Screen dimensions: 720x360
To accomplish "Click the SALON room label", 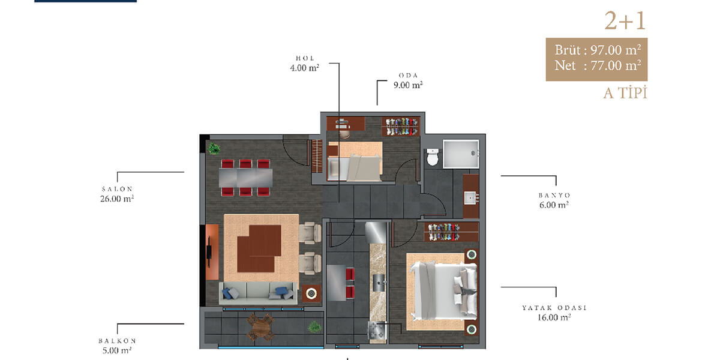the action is [x=117, y=189].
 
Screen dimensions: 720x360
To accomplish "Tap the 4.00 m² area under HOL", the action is [x=304, y=68].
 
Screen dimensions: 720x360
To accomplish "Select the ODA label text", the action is [x=408, y=76].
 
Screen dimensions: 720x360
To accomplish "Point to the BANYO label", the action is [x=554, y=195].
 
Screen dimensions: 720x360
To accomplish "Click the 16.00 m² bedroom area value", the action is [x=554, y=317].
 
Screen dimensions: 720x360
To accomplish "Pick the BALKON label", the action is [x=117, y=341].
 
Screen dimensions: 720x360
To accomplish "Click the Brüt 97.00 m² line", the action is [x=598, y=50].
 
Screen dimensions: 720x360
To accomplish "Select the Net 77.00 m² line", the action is [x=598, y=65].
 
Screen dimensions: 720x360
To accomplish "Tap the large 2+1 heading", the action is [x=625, y=21].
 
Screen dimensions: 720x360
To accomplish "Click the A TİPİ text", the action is [x=625, y=93].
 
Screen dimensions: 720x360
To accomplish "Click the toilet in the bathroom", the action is [x=433, y=157].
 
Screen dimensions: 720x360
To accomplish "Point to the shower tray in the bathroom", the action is [x=461, y=154].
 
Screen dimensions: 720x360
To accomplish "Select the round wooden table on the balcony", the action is [x=260, y=328].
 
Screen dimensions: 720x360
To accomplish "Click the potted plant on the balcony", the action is [x=314, y=328].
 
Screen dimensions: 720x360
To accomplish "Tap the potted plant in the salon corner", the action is [x=214, y=149].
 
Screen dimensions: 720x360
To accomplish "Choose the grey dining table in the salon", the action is [x=245, y=178].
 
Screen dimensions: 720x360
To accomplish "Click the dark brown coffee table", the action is [x=259, y=248].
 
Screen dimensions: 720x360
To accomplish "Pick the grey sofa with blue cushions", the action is [x=259, y=293].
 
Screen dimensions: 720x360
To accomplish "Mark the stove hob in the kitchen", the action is [x=377, y=330].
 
